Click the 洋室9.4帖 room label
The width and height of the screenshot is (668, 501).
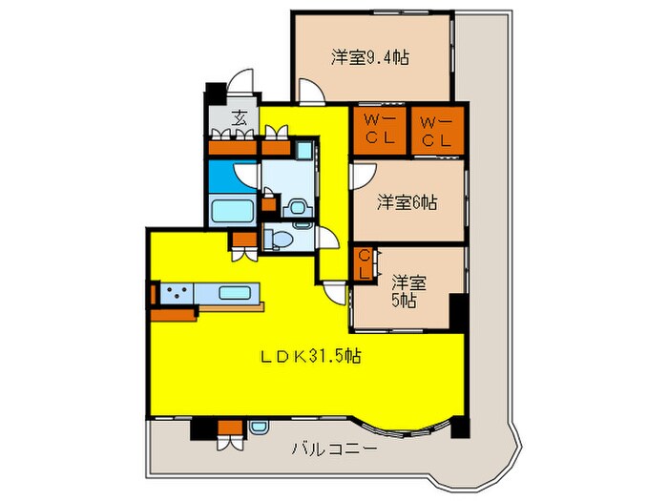pos(371,57)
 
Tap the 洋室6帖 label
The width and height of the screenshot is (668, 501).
pos(407,202)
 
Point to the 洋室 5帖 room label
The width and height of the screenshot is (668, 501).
pos(408,291)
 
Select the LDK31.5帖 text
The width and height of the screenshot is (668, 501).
pos(310,356)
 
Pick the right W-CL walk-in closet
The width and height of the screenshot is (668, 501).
pos(437,132)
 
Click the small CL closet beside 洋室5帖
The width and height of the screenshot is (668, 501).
pos(365,264)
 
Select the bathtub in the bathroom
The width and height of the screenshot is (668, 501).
pos(231,211)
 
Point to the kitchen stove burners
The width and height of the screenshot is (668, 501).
pos(177,294)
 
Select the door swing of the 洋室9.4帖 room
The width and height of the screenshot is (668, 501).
pos(310,91)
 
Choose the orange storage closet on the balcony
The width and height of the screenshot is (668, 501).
pos(228,427)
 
